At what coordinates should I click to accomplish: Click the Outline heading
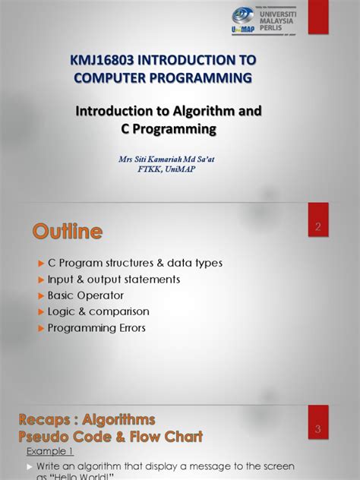[x=68, y=230]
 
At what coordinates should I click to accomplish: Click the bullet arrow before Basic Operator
[x=42, y=295]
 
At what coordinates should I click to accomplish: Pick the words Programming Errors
[x=96, y=328]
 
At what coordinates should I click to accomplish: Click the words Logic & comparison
[x=99, y=311]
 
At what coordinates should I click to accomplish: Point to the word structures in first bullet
[x=140, y=263]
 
